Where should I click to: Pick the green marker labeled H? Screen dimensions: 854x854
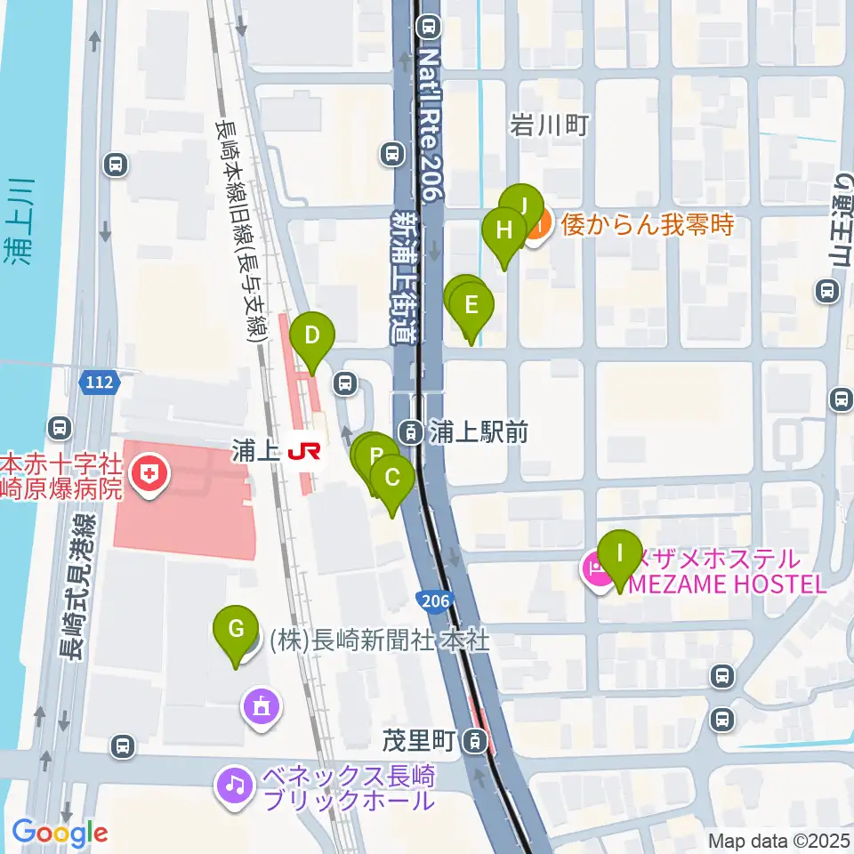coord(504,231)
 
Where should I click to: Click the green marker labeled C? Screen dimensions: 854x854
coord(391,479)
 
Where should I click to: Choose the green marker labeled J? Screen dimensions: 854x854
coord(522,206)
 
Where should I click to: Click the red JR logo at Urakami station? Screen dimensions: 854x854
coord(303,453)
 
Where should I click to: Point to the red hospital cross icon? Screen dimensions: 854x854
coord(148,473)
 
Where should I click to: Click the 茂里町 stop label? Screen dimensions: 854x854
coord(420,740)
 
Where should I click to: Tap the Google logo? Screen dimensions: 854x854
coord(60,833)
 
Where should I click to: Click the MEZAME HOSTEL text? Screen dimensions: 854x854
coord(728,584)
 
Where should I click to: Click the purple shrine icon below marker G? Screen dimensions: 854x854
coord(260,708)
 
